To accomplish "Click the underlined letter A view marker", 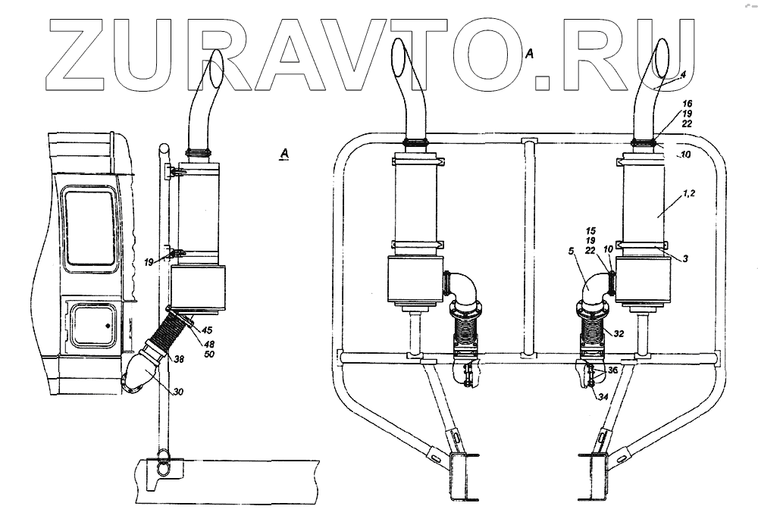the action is click(284, 154).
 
